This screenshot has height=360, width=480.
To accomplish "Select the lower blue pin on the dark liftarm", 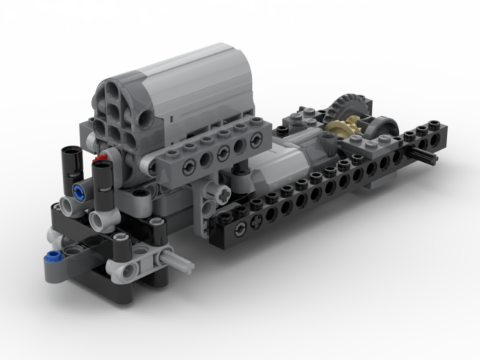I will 52,256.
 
